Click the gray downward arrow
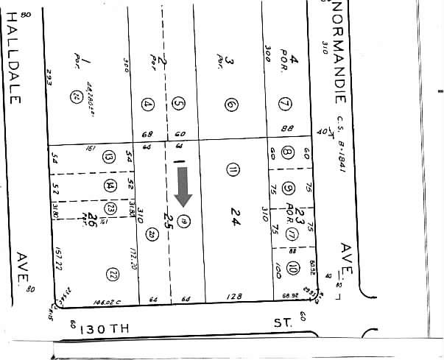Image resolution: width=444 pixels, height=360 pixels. (184, 186)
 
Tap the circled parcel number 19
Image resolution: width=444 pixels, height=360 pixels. (183, 221)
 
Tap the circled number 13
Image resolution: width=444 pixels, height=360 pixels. (110, 156)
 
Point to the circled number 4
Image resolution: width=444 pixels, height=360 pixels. (149, 105)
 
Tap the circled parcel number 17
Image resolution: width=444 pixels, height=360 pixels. (292, 234)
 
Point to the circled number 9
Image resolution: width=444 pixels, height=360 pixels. (288, 188)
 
